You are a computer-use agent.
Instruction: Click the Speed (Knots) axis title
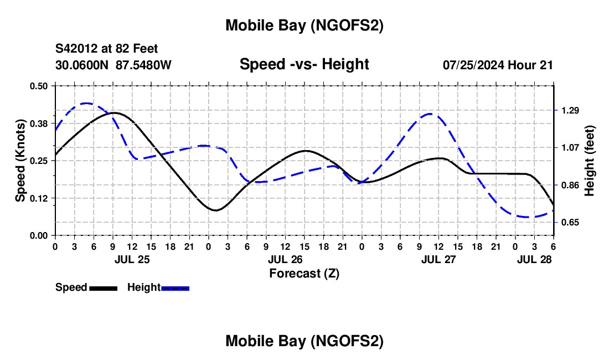(x=20, y=161)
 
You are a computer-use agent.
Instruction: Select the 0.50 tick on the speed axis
(x=39, y=86)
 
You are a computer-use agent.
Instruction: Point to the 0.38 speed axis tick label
(x=39, y=123)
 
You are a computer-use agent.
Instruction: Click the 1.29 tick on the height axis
(x=570, y=111)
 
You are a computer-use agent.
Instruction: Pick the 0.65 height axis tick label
(x=570, y=223)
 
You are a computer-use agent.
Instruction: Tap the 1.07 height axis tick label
(x=570, y=148)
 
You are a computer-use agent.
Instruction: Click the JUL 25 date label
(x=132, y=259)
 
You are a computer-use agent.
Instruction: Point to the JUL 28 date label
(x=534, y=259)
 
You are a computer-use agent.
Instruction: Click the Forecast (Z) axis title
(x=304, y=273)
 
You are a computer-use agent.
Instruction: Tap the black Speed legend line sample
(x=103, y=287)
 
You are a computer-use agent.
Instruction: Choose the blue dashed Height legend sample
(x=176, y=287)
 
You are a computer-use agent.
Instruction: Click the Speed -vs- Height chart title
(x=304, y=64)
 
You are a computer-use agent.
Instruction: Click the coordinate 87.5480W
(x=143, y=65)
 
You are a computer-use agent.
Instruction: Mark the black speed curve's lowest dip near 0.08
(x=215, y=210)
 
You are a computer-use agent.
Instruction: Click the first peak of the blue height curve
(x=86, y=103)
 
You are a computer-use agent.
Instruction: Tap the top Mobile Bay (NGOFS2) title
(x=304, y=25)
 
